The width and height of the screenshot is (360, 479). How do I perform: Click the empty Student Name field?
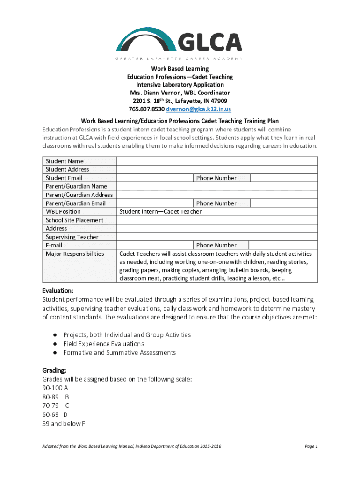coord(217,161)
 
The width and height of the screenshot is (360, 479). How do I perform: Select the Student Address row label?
coord(67,169)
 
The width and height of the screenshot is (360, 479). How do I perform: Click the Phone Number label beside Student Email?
coord(216,178)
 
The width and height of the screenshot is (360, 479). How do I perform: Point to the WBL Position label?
coord(63,211)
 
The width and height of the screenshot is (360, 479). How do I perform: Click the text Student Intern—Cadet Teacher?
coord(160,211)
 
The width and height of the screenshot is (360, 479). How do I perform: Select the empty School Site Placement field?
coord(217,220)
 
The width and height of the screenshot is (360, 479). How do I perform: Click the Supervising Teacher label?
coord(72,237)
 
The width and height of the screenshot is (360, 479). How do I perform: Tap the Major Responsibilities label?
coord(75,254)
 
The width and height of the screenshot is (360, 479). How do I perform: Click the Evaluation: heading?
coord(58,290)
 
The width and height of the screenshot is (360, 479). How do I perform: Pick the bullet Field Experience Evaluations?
coord(103,344)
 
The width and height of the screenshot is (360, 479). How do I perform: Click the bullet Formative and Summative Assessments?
coord(119,352)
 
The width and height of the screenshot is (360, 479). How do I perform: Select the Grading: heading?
coord(54,370)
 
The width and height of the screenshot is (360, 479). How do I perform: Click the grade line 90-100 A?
coord(55,388)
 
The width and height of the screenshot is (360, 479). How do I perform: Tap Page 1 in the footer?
coord(311,446)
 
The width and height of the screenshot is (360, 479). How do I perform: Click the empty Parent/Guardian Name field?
coord(217,186)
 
